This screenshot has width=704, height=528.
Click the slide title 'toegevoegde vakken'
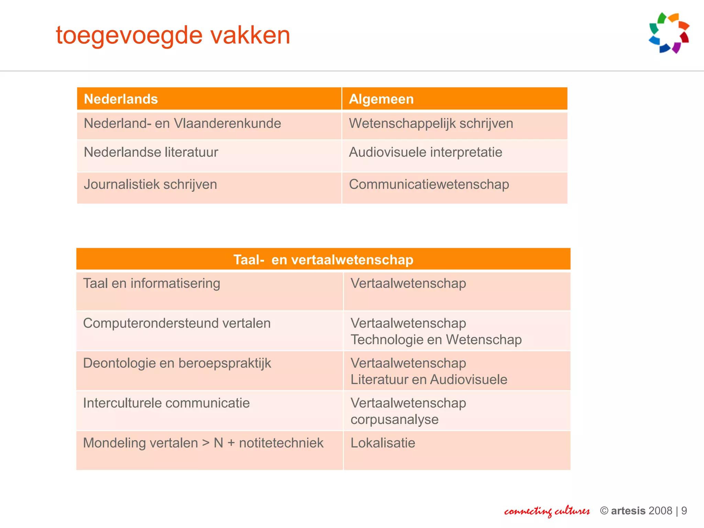tap(173, 35)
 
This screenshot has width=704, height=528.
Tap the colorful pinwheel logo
tap(669, 33)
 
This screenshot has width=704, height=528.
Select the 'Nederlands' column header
tap(121, 99)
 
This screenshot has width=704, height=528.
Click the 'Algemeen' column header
tap(381, 99)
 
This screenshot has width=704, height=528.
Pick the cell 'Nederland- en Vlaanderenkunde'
tap(182, 123)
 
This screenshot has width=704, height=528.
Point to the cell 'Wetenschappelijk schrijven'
tap(431, 123)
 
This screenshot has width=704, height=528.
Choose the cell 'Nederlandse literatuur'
tap(151, 152)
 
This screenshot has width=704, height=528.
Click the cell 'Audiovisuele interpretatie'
tap(426, 152)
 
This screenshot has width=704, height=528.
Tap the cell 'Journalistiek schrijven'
tap(150, 185)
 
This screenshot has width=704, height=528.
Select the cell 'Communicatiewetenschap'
tap(429, 185)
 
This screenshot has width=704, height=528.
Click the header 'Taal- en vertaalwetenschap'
tap(323, 260)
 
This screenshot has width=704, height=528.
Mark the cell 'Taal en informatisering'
tap(152, 284)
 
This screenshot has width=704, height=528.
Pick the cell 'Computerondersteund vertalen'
tap(177, 323)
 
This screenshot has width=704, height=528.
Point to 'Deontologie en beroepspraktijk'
tap(177, 363)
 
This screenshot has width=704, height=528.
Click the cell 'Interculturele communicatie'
tap(166, 403)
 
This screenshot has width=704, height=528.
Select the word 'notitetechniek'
tap(281, 443)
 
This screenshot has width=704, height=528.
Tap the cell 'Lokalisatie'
tap(383, 443)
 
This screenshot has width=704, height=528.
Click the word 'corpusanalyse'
tap(394, 420)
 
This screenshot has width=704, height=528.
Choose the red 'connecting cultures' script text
tap(547, 511)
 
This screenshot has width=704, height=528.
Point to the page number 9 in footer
tap(684, 511)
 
